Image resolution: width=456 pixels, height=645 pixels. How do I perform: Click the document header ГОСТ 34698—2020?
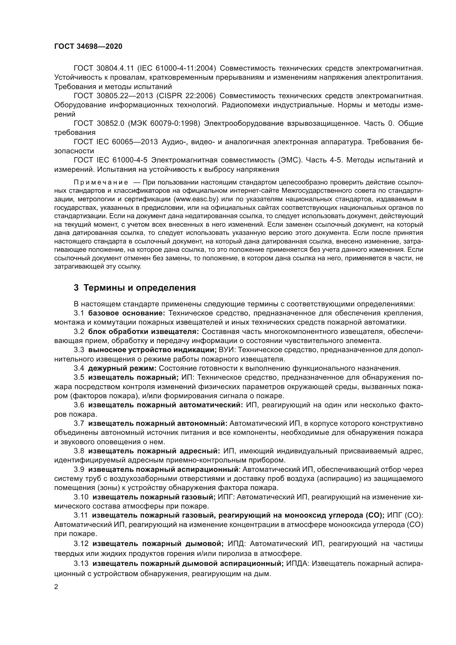click(88, 47)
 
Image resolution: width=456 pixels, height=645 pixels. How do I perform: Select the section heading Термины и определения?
click(140, 288)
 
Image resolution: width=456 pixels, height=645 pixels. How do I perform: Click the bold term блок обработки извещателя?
click(143, 332)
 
